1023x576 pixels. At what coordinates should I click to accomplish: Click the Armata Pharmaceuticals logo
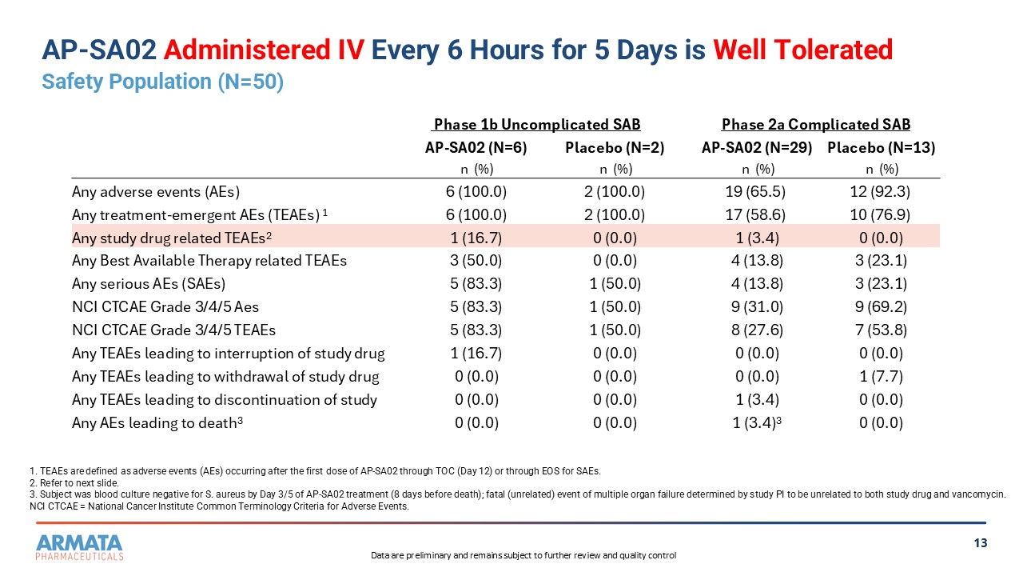(x=79, y=547)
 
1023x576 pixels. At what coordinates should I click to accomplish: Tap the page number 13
(x=981, y=543)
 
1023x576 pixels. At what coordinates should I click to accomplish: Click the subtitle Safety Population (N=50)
(x=162, y=82)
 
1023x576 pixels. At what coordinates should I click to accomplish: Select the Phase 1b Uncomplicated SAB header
(x=537, y=124)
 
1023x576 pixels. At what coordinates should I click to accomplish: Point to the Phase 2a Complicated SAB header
(x=816, y=124)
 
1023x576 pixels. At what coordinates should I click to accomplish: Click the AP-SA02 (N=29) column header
(x=757, y=148)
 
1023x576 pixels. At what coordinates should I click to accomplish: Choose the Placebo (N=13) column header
(x=881, y=148)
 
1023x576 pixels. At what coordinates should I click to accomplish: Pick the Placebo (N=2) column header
(x=615, y=148)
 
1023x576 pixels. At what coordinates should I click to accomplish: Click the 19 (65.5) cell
(x=755, y=191)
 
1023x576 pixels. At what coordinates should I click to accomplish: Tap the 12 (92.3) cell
(x=880, y=191)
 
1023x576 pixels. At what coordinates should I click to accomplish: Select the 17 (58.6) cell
(x=755, y=215)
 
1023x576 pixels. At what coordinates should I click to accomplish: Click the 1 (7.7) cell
(x=881, y=377)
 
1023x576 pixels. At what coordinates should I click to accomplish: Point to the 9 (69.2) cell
(x=881, y=306)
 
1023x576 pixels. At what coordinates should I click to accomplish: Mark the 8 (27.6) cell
(x=757, y=330)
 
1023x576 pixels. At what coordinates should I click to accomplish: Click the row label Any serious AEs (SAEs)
(x=149, y=284)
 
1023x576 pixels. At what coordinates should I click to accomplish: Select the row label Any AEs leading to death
(x=157, y=423)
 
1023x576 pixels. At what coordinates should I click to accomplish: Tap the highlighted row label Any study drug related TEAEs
(x=172, y=238)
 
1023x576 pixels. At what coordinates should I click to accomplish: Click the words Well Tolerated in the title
(x=803, y=50)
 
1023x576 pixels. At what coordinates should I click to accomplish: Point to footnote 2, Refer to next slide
(x=74, y=483)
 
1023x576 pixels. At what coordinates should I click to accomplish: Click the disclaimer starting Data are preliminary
(x=523, y=555)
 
